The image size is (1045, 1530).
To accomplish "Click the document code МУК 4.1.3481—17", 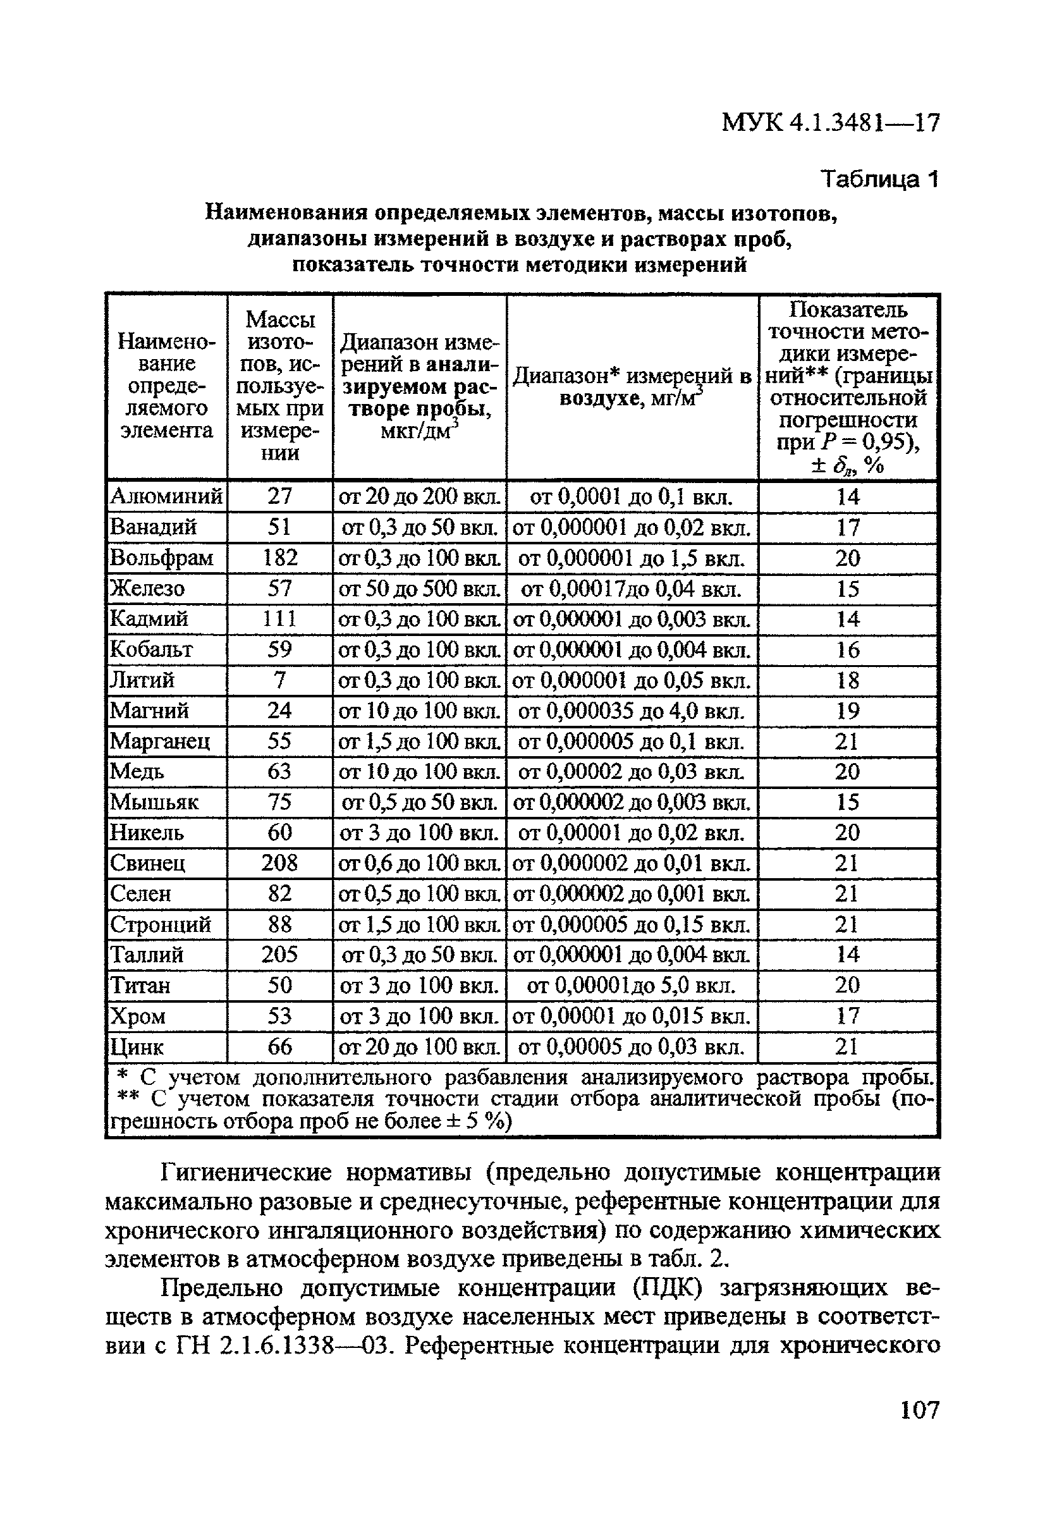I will (x=830, y=123).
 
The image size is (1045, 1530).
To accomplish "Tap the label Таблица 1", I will (x=878, y=179).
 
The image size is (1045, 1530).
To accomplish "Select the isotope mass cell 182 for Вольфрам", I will (x=280, y=558).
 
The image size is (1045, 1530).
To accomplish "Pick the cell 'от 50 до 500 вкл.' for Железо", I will (x=419, y=589).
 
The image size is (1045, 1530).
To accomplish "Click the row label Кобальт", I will (x=152, y=650).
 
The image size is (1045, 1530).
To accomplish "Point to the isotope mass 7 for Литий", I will (x=280, y=680).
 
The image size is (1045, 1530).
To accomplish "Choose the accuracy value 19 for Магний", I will (x=848, y=711).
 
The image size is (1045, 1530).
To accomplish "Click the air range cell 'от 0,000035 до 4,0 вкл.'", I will (x=632, y=711).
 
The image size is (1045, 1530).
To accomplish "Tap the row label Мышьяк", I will (x=154, y=802).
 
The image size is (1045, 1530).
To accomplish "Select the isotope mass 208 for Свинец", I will (x=280, y=863).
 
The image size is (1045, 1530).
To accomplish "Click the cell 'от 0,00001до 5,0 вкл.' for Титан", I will (x=632, y=986).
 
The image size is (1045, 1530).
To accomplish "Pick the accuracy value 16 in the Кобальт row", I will (x=848, y=650).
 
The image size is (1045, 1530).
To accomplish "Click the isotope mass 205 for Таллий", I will (x=280, y=955).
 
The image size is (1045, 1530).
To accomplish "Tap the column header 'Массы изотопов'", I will (x=280, y=386).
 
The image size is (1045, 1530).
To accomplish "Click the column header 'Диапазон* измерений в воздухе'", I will (x=632, y=387).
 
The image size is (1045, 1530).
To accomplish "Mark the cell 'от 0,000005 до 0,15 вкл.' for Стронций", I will (x=632, y=924).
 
